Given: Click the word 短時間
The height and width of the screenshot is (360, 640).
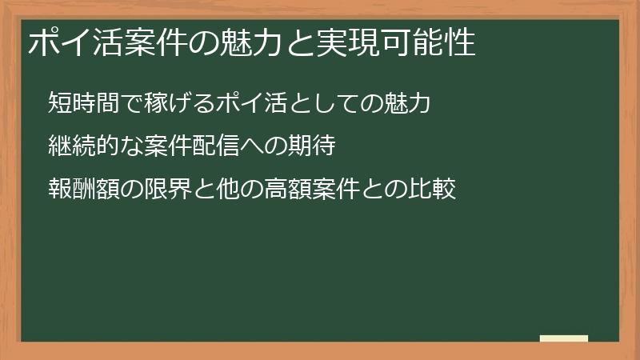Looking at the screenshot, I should (80, 103).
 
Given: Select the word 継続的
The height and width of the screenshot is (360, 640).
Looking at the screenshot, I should (80, 147).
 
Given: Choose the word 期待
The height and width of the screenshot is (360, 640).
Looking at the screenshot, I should (308, 147).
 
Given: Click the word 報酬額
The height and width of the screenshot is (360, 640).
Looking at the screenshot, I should (80, 191).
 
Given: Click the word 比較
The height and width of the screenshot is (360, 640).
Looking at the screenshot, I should (433, 191).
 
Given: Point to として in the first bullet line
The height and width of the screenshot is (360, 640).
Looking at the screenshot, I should (319, 103).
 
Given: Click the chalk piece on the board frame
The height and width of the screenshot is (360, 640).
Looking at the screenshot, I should (564, 339).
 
